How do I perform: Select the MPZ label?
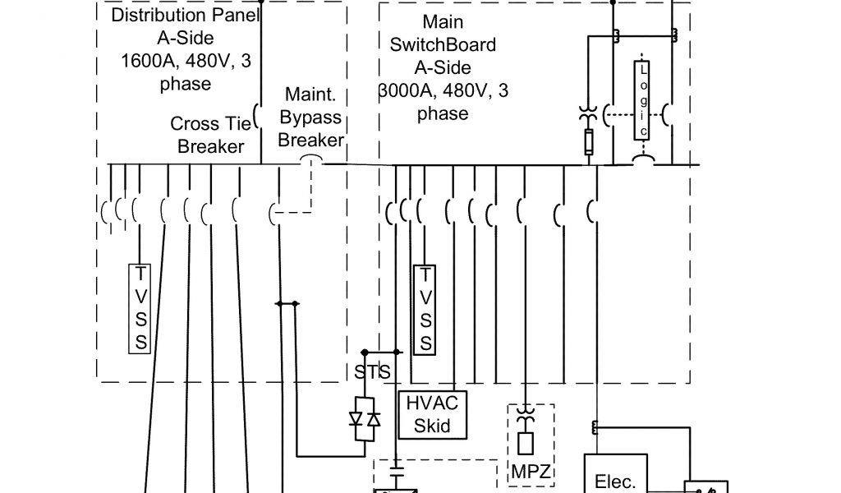[530, 472]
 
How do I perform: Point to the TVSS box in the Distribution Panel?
[141, 308]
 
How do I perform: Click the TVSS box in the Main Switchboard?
[425, 308]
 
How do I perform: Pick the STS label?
[372, 372]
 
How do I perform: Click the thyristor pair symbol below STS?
[365, 419]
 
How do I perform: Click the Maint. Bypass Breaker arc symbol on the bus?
[310, 160]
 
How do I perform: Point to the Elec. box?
[615, 477]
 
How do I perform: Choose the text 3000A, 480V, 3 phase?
[443, 102]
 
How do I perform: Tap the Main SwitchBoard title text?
[443, 44]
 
